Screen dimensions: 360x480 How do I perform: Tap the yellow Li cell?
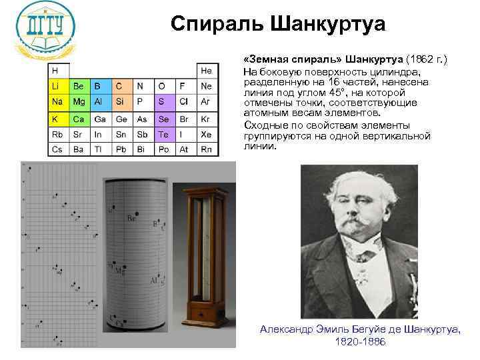tap(58, 86)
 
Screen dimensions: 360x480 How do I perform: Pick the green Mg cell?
tap(79, 102)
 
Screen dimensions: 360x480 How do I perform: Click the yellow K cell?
tap(58, 118)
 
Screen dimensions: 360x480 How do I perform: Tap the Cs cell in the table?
tap(58, 149)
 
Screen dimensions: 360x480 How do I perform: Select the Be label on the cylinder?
tap(133, 218)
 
